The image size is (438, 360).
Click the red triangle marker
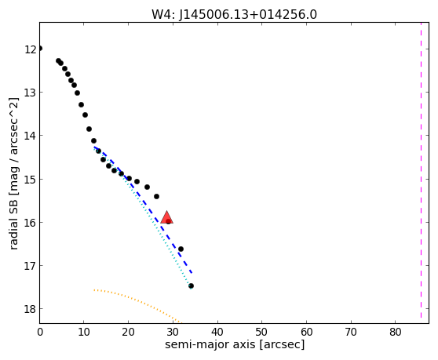coord(166,218)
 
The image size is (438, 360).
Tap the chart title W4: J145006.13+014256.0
coord(234,15)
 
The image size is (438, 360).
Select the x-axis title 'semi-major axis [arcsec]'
coord(235,344)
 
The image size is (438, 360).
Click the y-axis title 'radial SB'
coord(13,222)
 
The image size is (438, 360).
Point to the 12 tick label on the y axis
coord(30,49)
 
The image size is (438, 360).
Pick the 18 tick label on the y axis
coord(30,309)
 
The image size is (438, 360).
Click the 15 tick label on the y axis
coord(30,179)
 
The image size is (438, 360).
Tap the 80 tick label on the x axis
coord(396,332)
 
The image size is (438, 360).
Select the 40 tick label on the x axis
coord(217,332)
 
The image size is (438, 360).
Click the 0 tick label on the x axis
coord(40,332)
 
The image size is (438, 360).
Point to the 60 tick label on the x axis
coord(306,332)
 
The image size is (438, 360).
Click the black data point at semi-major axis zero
coord(40,49)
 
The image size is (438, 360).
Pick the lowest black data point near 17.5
coord(191,285)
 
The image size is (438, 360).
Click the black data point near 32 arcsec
coord(181,249)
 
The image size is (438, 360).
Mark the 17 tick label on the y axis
coord(30,266)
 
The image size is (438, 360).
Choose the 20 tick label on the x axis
coord(128,332)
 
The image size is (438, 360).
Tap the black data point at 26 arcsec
coord(156,196)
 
